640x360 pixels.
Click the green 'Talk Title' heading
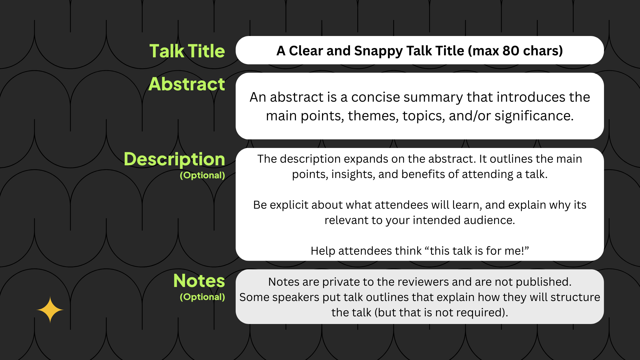point(187,51)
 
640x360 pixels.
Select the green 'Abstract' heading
point(187,84)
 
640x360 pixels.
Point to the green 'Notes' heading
point(199,281)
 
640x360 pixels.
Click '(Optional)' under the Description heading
point(202,175)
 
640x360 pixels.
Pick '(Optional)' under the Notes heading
point(202,297)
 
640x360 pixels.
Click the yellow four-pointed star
point(50,310)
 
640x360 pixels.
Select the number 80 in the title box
point(511,51)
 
